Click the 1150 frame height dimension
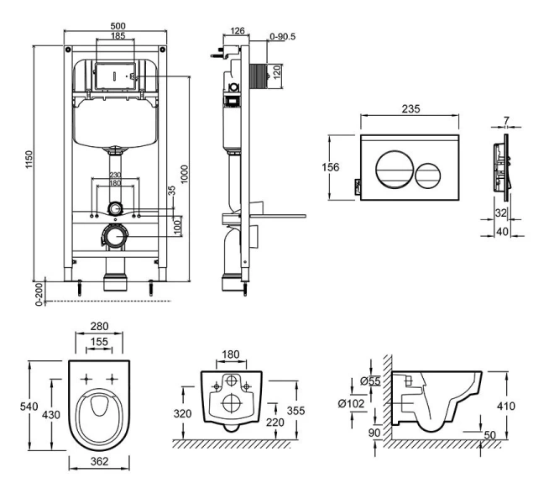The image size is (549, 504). point(29,157)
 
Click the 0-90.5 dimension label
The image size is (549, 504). point(282,36)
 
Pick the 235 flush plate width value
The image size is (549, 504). point(410,110)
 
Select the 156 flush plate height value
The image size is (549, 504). point(332,167)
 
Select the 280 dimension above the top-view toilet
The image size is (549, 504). point(98,325)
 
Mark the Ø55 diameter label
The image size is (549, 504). point(370,381)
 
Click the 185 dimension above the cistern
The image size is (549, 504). point(118,37)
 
